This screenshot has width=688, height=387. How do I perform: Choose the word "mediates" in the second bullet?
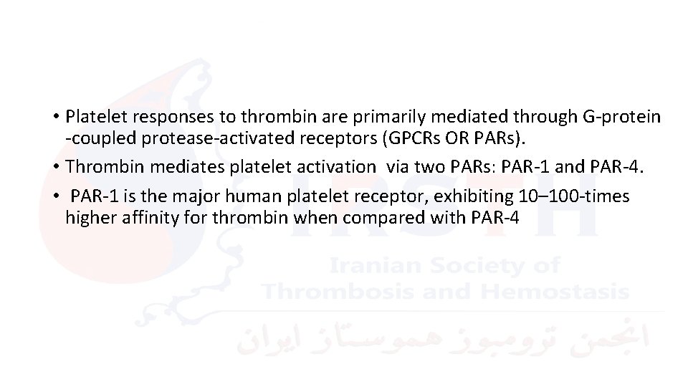[x=156, y=167]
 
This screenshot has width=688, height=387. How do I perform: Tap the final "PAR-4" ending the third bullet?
[x=493, y=217]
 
